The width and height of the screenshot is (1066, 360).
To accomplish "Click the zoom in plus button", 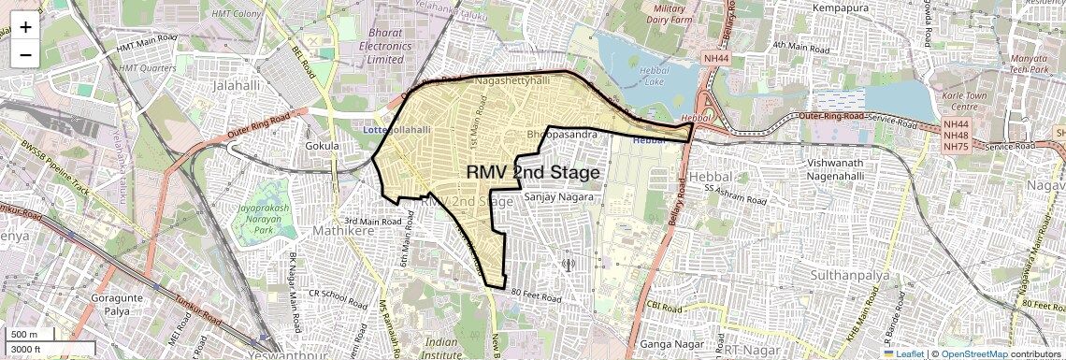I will [x=25, y=26].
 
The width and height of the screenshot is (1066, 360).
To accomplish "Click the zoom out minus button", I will [x=25, y=54].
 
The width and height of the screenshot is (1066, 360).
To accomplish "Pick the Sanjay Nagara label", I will [x=552, y=197].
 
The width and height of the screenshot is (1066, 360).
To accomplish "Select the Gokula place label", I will [x=322, y=146].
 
